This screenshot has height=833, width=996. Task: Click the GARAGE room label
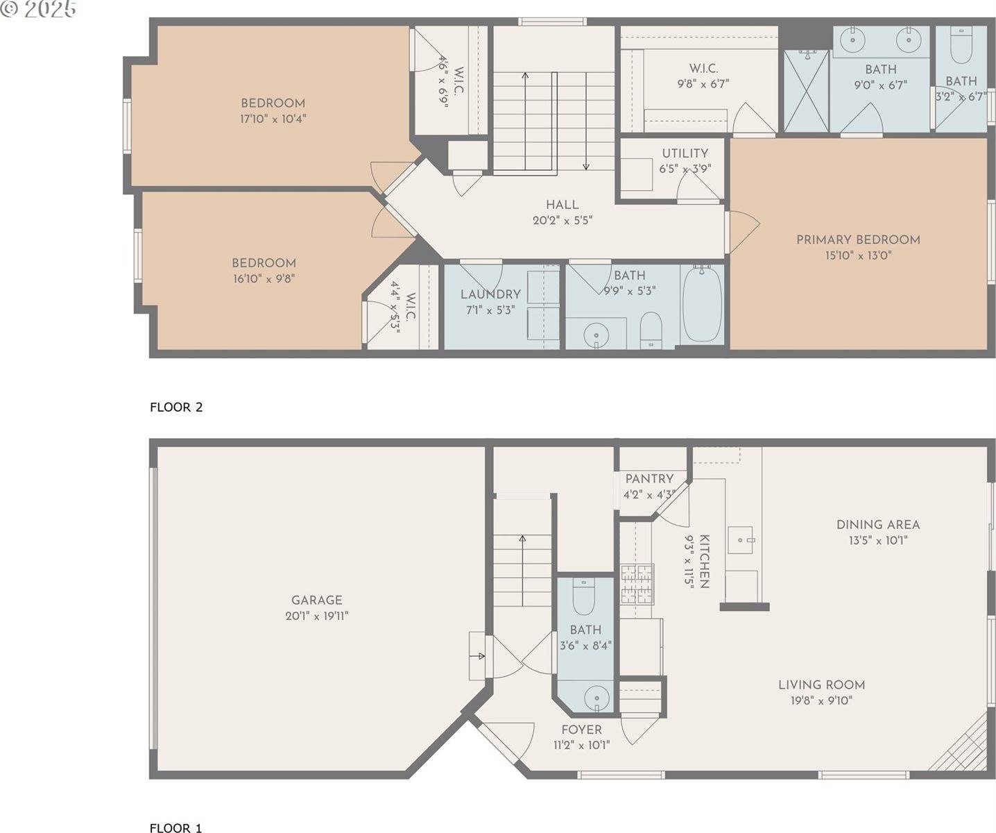point(316,600)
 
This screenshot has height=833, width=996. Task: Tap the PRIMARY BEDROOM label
point(858,239)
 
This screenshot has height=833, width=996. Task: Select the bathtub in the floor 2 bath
point(701,303)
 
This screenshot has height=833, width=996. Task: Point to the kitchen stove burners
point(637,583)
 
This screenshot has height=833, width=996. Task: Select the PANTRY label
point(649,478)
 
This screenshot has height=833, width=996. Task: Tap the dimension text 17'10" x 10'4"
point(273,119)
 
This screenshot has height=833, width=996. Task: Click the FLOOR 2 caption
point(176,407)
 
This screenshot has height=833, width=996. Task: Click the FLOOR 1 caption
point(175,827)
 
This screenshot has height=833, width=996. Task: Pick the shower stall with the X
point(806,90)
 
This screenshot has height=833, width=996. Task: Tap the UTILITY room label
point(685,153)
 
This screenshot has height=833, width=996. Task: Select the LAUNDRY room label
point(490,294)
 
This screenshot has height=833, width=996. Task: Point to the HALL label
point(562,205)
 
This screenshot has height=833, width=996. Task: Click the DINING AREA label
point(878,525)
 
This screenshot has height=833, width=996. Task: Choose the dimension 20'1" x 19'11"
point(316,616)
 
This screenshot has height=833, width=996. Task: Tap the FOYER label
point(581,730)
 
